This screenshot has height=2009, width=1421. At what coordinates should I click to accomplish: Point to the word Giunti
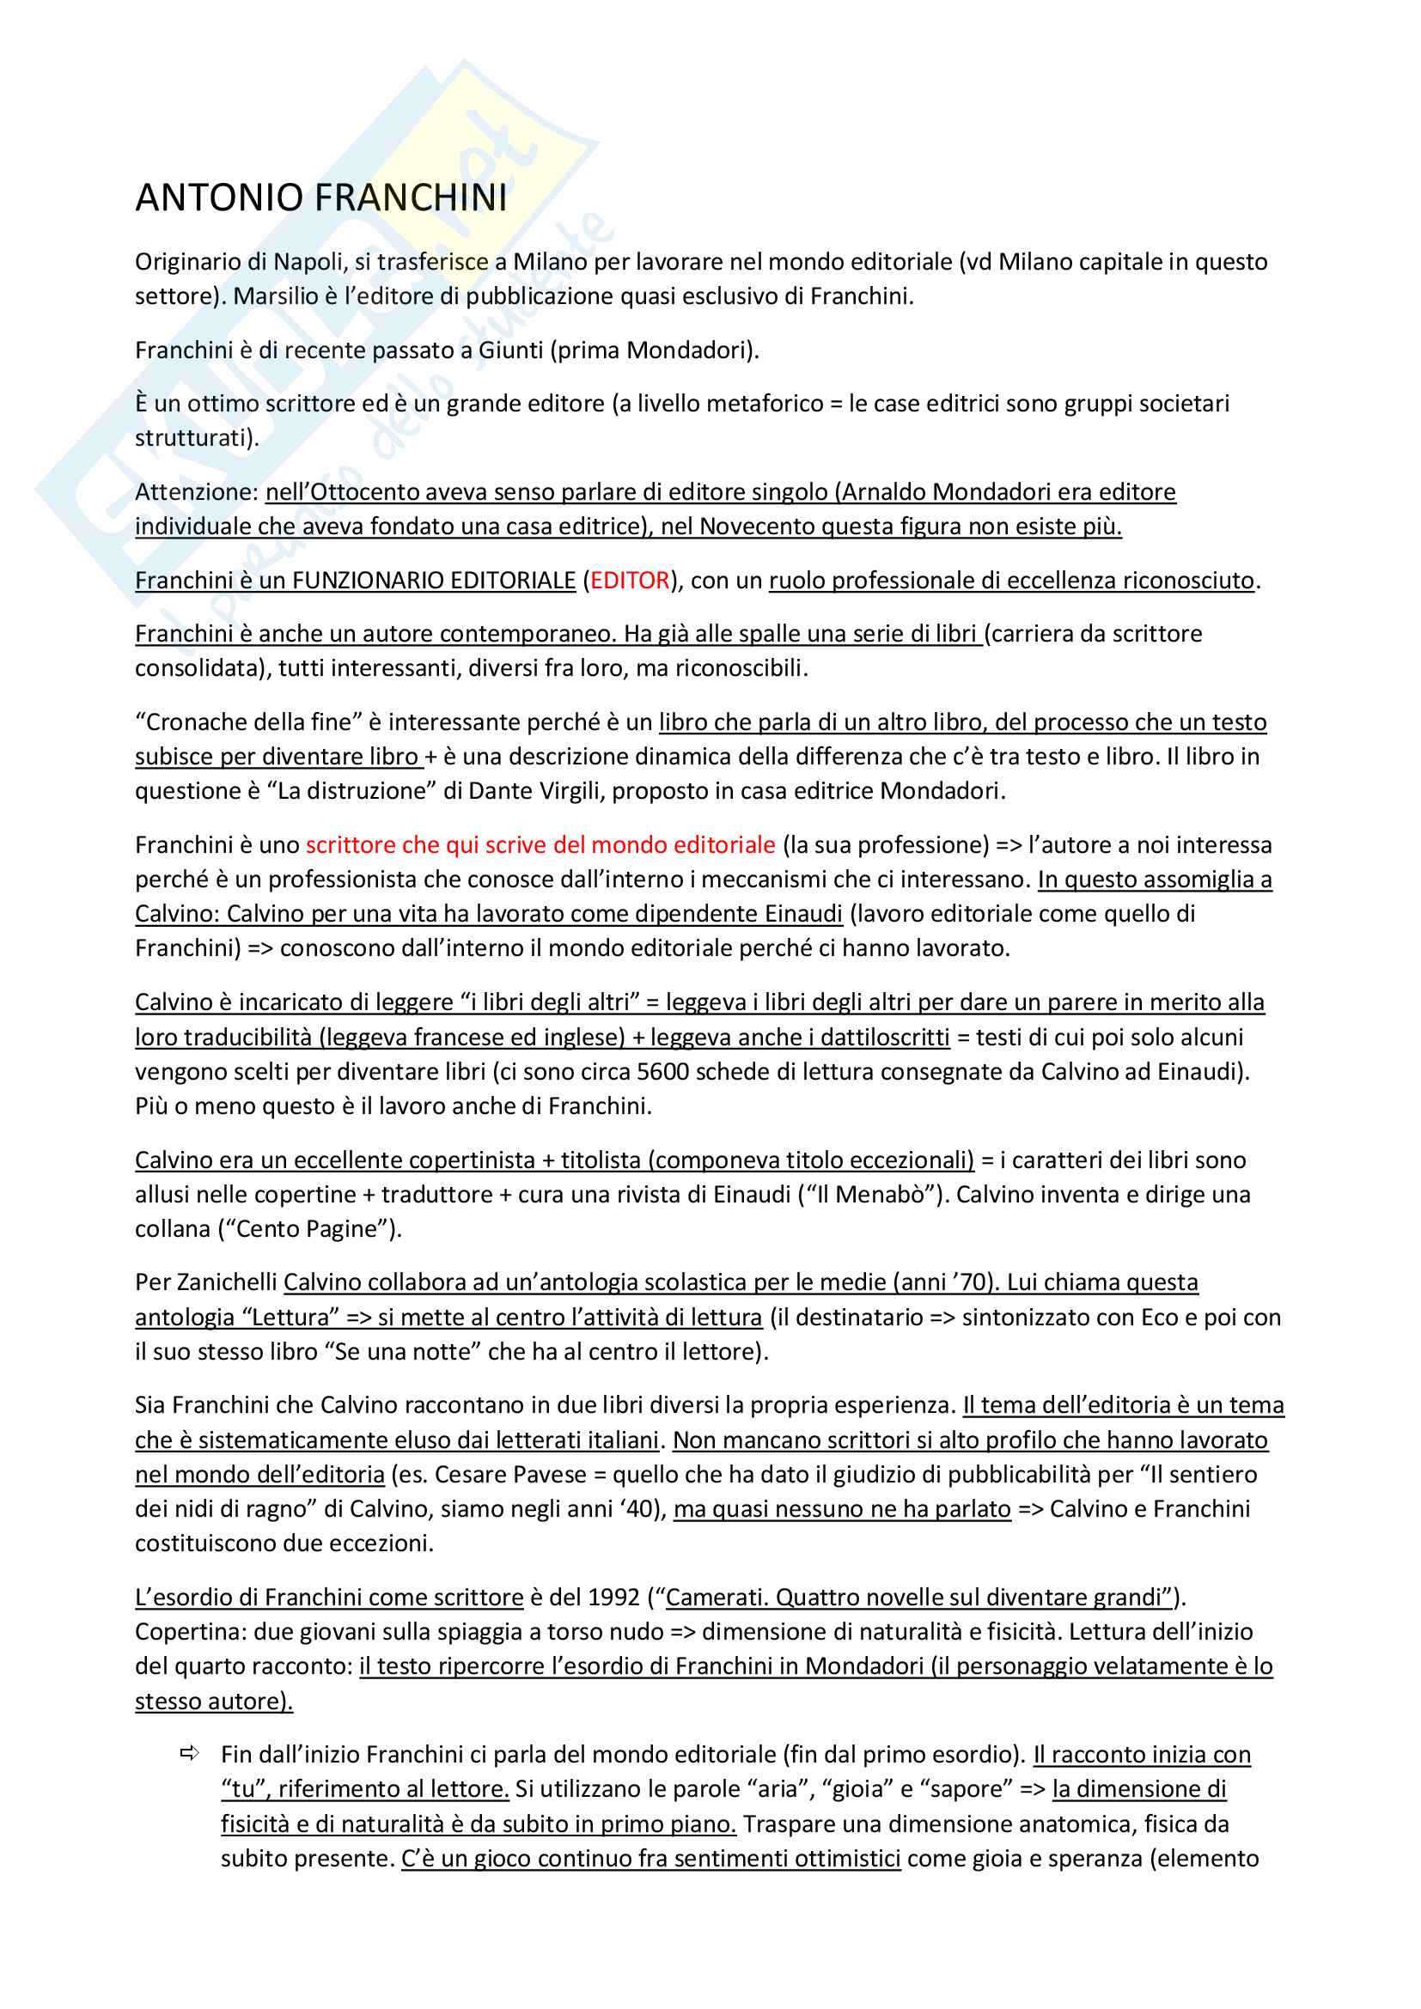pyautogui.click(x=510, y=351)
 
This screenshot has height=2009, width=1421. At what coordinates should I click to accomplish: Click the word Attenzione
pyautogui.click(x=196, y=493)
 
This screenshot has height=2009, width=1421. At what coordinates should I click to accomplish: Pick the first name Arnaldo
pyautogui.click(x=885, y=493)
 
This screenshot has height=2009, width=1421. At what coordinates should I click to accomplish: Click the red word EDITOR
pyautogui.click(x=630, y=581)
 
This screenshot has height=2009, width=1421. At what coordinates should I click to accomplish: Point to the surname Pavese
pyautogui.click(x=546, y=1476)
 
